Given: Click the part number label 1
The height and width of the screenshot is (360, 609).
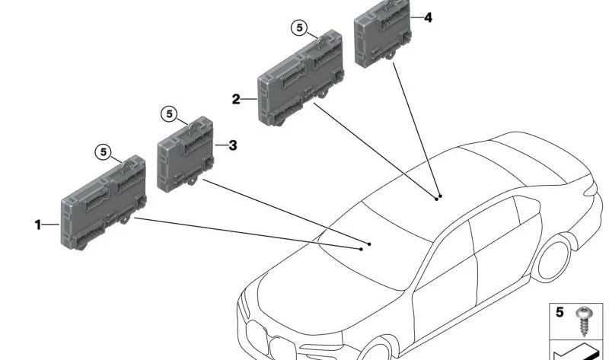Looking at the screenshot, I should coord(36,225).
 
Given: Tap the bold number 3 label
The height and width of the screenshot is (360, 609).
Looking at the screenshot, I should coord(233,144).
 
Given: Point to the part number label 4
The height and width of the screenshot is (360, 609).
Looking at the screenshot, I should coord(428,16).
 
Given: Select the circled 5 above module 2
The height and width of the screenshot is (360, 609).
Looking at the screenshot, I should coord(299,29).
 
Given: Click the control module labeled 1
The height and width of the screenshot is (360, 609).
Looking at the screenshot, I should coord(103,202).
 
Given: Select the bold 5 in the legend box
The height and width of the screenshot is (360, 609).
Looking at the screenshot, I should coord(560,312).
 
